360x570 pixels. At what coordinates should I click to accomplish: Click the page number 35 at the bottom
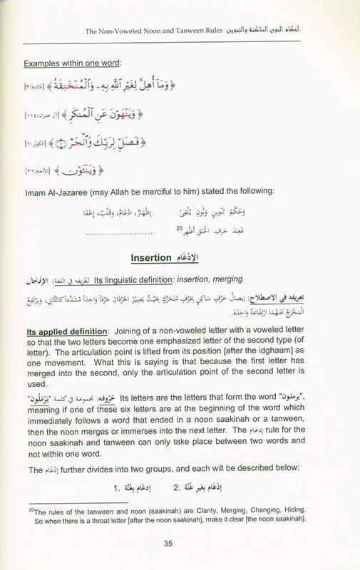[180, 546]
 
